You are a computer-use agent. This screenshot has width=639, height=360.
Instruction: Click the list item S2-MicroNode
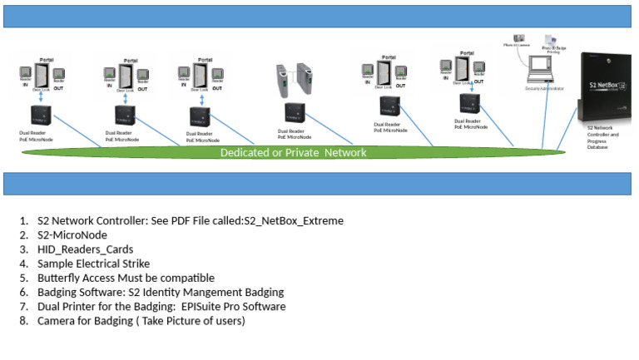[71, 234]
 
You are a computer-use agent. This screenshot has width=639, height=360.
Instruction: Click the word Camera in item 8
[58, 320]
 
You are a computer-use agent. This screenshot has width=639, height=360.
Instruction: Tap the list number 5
[24, 277]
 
